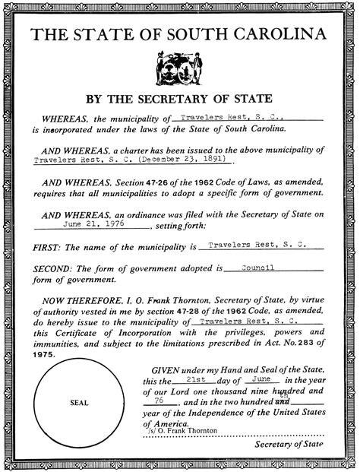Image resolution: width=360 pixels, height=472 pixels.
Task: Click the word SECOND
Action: tap(53, 269)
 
